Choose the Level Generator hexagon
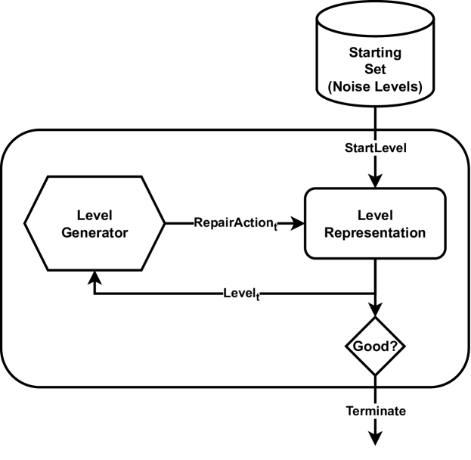(95, 224)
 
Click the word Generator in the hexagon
(95, 233)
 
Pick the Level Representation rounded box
(376, 225)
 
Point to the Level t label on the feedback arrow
(240, 293)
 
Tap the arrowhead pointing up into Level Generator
(95, 278)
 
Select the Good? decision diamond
(376, 347)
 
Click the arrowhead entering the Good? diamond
(376, 312)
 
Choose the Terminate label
(376, 412)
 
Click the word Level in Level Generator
(95, 216)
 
